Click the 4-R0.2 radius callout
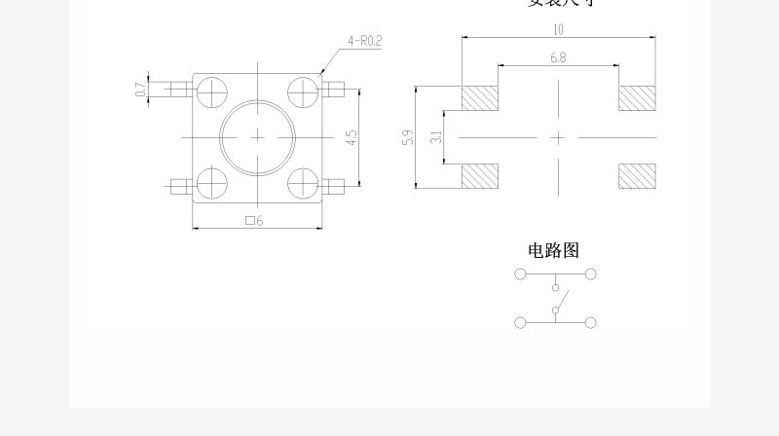click(x=363, y=42)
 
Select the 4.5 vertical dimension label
click(x=352, y=137)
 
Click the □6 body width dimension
click(x=255, y=221)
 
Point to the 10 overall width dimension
click(x=558, y=29)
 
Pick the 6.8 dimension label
click(x=558, y=57)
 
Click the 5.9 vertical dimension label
click(x=408, y=137)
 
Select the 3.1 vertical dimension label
click(x=436, y=137)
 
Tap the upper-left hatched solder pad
click(x=479, y=98)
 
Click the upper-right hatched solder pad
click(x=637, y=98)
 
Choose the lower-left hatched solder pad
click(x=479, y=175)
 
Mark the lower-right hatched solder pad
click(x=637, y=175)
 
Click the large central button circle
click(x=257, y=137)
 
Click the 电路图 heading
click(x=553, y=251)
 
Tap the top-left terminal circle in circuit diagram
click(x=520, y=274)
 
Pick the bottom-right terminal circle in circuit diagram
click(x=590, y=322)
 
